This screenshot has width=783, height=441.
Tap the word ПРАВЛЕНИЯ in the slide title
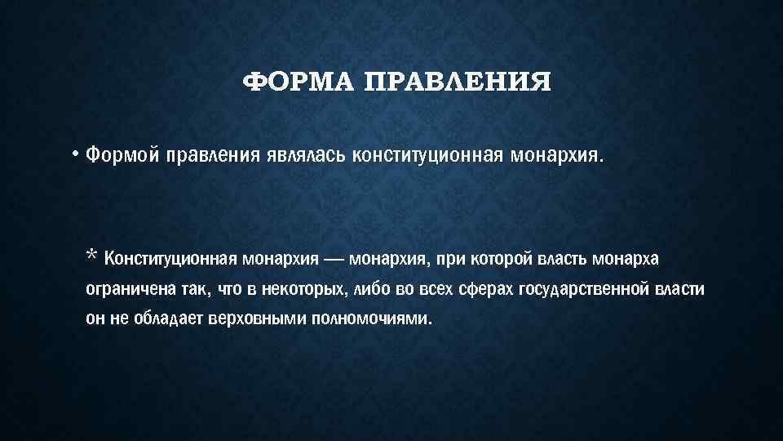[457, 82]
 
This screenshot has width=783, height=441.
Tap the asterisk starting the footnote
[92, 257]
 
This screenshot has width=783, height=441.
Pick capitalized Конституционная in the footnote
[170, 260]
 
